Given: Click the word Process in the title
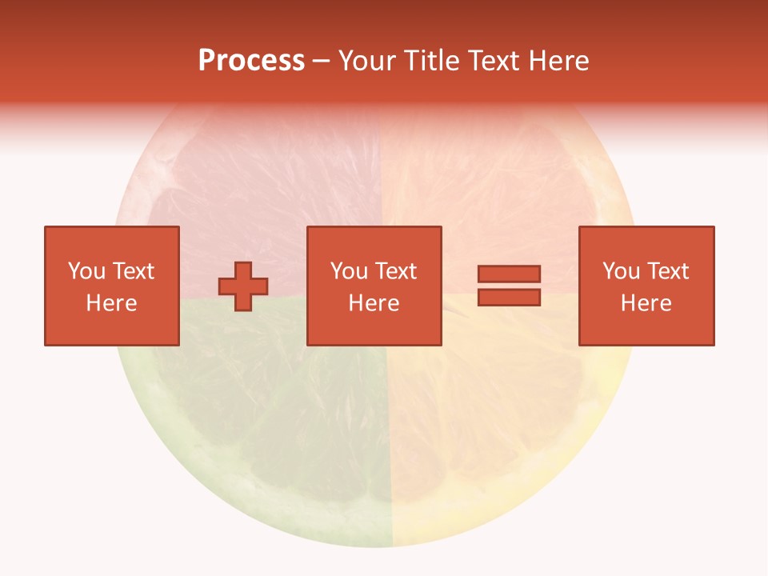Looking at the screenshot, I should [x=251, y=61].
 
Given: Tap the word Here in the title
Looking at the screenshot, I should [x=555, y=61].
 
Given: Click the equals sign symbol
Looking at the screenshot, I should [x=509, y=286].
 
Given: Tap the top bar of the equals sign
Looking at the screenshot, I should [x=509, y=274].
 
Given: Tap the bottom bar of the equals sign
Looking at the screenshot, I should [x=509, y=297].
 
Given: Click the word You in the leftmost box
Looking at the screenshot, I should [x=86, y=271].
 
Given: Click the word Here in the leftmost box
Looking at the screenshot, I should [x=111, y=303].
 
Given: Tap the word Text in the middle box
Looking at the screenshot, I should [x=395, y=271].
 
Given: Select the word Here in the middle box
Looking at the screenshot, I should [x=374, y=303].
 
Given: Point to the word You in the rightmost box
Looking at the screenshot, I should [x=620, y=271].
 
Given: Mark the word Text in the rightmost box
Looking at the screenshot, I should [x=667, y=271].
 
